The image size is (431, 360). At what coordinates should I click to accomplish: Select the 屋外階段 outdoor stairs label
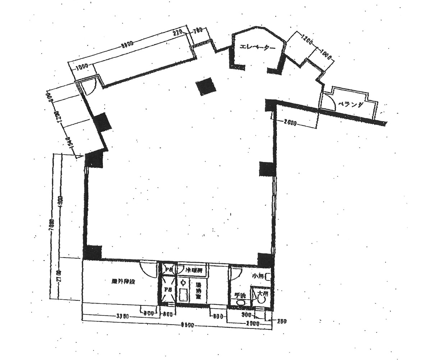[x=123, y=282]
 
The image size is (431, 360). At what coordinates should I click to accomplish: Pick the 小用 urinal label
[x=257, y=276]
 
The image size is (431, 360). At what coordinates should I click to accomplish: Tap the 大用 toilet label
[x=263, y=294]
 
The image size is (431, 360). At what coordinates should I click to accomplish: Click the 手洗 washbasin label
[x=240, y=296]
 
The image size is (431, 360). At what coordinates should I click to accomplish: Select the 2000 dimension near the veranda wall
[x=290, y=124]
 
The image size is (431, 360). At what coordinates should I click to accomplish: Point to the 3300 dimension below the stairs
[x=123, y=317]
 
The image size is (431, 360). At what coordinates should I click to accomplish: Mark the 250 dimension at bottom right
[x=282, y=321]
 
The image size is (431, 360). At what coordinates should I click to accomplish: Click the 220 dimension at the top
[x=178, y=32]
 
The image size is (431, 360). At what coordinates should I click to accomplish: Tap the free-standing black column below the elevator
[x=206, y=87]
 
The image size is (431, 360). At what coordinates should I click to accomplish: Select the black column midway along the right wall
[x=267, y=169]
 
